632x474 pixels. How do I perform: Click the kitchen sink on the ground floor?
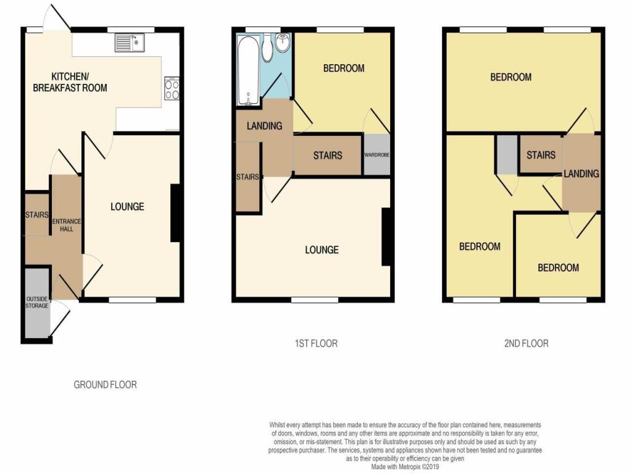click(x=130, y=43)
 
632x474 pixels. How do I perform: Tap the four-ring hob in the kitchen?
click(x=172, y=88)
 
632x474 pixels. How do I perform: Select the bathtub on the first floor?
click(x=248, y=70)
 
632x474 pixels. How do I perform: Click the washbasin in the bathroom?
click(x=284, y=43)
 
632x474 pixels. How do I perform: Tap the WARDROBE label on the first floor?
click(x=377, y=155)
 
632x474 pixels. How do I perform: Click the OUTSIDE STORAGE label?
click(x=37, y=302)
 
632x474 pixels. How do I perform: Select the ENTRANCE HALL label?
click(x=67, y=225)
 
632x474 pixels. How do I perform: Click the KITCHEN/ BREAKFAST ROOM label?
click(x=70, y=82)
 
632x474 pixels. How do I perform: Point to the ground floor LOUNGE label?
click(x=127, y=207)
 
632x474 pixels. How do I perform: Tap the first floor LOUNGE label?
click(x=322, y=250)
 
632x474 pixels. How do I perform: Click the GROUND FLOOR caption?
click(x=105, y=385)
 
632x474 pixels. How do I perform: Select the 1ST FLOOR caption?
click(x=316, y=343)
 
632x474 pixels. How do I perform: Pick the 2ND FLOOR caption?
click(x=526, y=343)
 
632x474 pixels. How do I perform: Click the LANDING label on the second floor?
click(x=581, y=173)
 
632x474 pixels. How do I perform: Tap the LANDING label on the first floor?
click(x=264, y=126)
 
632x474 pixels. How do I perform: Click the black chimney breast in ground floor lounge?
click(x=175, y=213)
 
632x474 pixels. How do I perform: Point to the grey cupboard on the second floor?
click(x=507, y=155)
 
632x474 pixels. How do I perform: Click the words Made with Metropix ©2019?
click(x=405, y=467)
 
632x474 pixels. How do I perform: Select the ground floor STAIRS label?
click(x=37, y=215)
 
